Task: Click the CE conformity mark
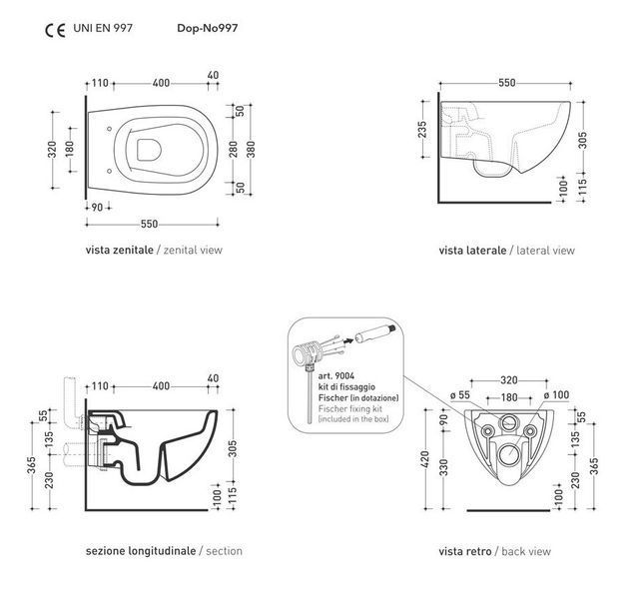pyautogui.click(x=55, y=31)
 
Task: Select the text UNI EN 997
pyautogui.click(x=103, y=28)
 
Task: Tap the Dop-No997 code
pyautogui.click(x=207, y=28)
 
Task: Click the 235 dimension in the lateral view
pyautogui.click(x=422, y=129)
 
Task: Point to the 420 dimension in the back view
pyautogui.click(x=425, y=459)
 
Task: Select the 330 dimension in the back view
pyautogui.click(x=444, y=467)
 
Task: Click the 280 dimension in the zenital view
pyautogui.click(x=233, y=149)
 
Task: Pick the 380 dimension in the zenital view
pyautogui.click(x=251, y=149)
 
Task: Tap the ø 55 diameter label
pyautogui.click(x=460, y=395)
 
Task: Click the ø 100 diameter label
pyautogui.click(x=556, y=395)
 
